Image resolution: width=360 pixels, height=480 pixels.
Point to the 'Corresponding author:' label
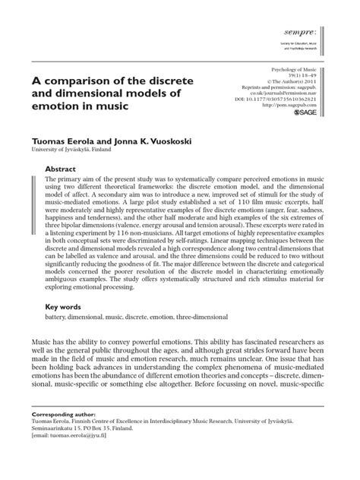[60, 429]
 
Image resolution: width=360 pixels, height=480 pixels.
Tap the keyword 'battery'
[58, 319]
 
